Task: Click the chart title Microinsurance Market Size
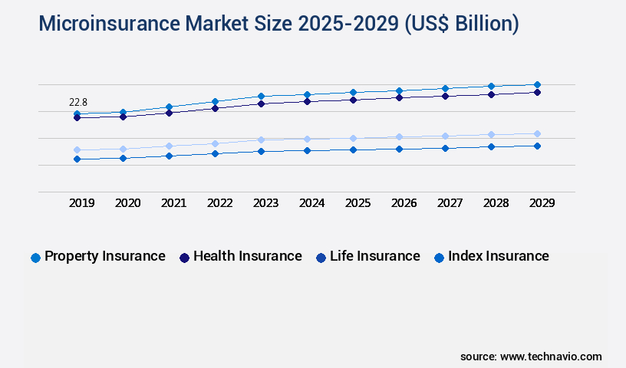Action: coord(278,24)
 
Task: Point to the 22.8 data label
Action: coord(78,102)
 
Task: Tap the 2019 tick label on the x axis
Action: coord(82,203)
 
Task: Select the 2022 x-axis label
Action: coord(220,203)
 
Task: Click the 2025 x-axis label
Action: coord(358,203)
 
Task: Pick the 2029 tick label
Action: coord(542,203)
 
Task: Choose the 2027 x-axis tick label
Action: coord(450,203)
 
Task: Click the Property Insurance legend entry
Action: coord(97,257)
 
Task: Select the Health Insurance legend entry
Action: coord(239,257)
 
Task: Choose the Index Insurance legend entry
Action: coord(491,257)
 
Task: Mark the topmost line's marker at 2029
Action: coord(537,84)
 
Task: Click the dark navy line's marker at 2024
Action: coord(307,101)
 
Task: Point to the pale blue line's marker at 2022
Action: coord(215,143)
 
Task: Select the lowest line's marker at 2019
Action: coord(77,159)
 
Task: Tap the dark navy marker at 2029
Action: coord(537,92)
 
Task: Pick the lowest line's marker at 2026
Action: coord(399,149)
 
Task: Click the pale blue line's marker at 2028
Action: coord(491,134)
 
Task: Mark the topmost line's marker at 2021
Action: coord(169,107)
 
